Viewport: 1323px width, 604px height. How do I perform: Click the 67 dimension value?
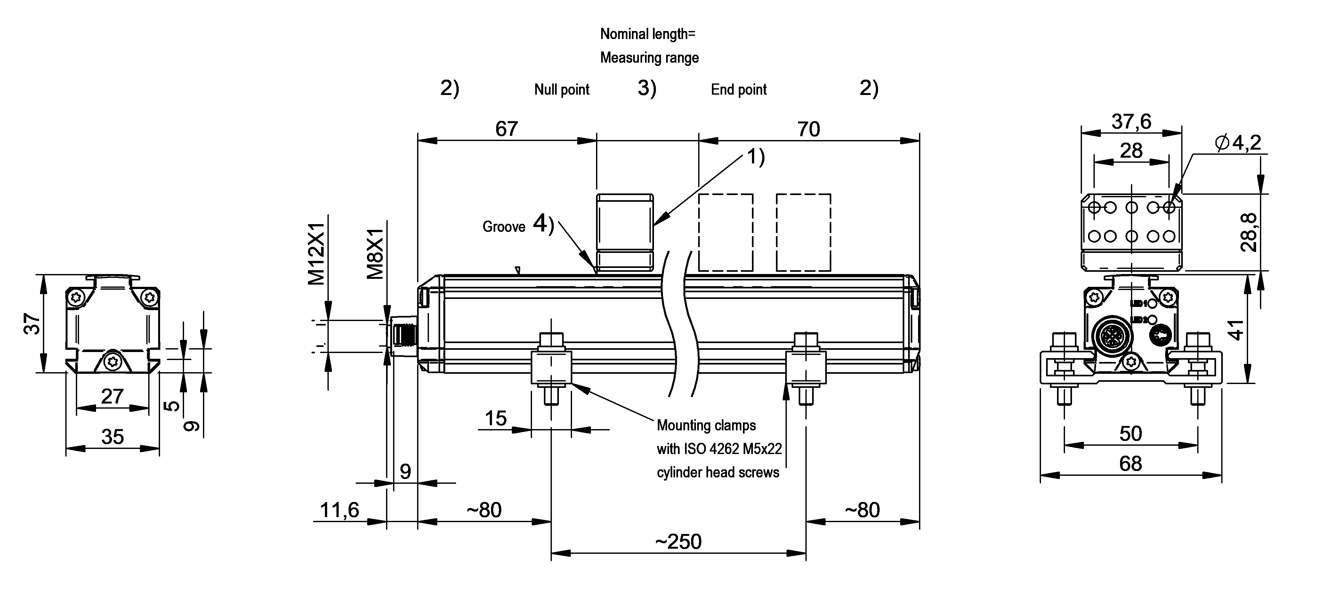(506, 128)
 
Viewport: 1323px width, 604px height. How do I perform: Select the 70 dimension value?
(808, 129)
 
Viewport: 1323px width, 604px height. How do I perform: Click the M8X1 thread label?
(375, 254)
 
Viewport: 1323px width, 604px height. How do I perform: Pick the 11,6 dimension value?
(340, 510)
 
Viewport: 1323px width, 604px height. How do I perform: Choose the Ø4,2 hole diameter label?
(1238, 142)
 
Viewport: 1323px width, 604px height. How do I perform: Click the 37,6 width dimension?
(1131, 122)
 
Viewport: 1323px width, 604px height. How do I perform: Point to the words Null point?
(561, 90)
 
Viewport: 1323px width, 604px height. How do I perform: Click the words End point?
(738, 90)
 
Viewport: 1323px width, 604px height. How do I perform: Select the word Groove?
(503, 227)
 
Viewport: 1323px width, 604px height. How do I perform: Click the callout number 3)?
(647, 88)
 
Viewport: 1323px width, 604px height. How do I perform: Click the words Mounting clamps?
(706, 425)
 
